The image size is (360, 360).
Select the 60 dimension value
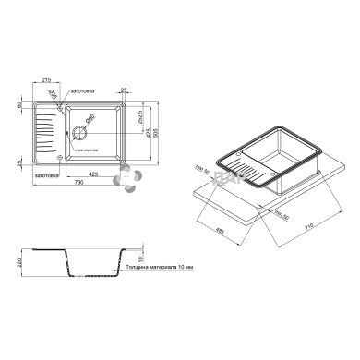[19, 104]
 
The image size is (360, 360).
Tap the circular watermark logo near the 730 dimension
[128, 175]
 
